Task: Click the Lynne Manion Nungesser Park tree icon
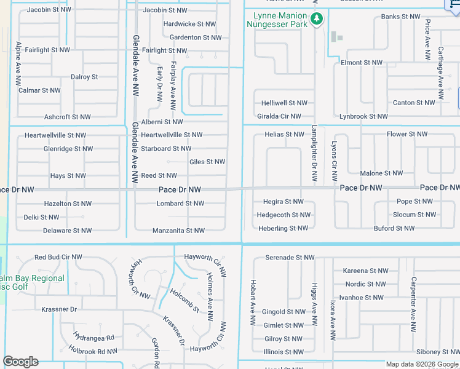click(317, 19)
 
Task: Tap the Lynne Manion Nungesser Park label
click(276, 20)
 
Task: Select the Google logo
click(20, 362)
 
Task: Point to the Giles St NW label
click(207, 162)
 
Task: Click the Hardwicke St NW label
click(189, 24)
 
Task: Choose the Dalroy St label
click(84, 77)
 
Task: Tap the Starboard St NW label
click(166, 148)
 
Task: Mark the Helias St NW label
click(284, 134)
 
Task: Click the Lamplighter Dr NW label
click(314, 154)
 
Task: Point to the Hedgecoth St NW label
click(284, 215)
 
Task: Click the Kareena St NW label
click(365, 271)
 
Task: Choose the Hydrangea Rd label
click(93, 338)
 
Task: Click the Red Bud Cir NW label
click(58, 257)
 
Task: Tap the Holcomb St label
click(184, 301)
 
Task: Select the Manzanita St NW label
click(178, 231)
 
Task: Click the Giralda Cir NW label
click(279, 116)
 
